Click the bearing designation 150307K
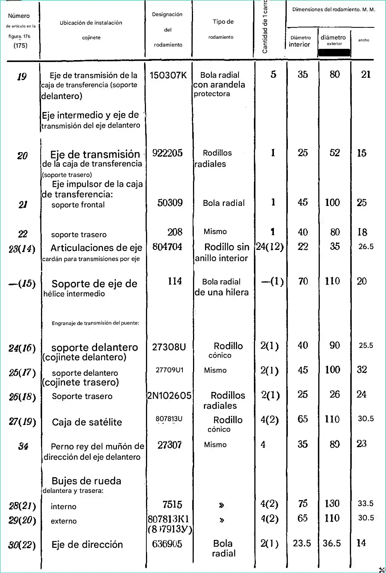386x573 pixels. [x=168, y=75]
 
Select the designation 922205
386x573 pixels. [x=167, y=153]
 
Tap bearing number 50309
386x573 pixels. [x=170, y=203]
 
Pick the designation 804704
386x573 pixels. [x=167, y=247]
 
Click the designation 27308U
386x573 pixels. [x=169, y=347]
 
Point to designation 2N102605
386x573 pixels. [x=169, y=396]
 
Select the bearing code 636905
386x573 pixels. [x=167, y=544]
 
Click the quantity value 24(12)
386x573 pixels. [x=270, y=247]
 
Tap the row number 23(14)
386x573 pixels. [x=22, y=249]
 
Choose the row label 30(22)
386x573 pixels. [x=22, y=545]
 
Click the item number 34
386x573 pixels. [x=23, y=446]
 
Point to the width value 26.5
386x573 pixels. [x=366, y=247]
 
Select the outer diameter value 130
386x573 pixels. [x=332, y=503]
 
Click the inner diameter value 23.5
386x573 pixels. [x=302, y=543]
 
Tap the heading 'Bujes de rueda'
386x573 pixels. [x=86, y=481]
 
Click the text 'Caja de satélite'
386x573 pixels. [x=87, y=422]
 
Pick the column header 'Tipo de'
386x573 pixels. [x=223, y=22]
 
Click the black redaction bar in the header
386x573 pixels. [x=334, y=53]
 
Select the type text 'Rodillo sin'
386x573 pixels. [x=226, y=247]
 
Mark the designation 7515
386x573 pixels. [x=172, y=505]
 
